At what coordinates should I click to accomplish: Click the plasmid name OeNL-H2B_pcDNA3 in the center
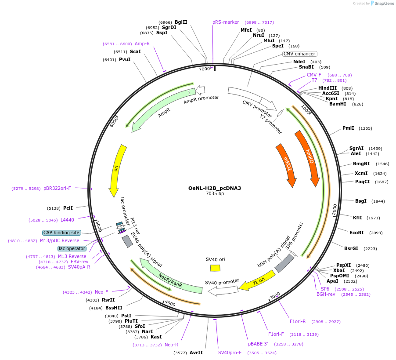215,188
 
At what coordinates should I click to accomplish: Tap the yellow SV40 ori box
215,268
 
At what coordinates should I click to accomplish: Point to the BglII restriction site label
181,22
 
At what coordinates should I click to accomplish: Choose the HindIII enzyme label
328,88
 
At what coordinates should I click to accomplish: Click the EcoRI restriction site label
356,233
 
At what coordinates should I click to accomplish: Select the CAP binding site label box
61,233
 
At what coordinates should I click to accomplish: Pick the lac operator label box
72,248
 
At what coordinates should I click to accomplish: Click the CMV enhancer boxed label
299,54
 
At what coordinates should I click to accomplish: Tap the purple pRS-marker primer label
226,22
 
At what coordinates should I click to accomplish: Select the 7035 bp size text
215,194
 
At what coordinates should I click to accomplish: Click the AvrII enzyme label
196,353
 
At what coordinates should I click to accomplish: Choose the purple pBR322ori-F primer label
57,188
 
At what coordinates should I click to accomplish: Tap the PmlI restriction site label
348,128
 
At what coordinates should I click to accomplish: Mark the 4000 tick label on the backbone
170,304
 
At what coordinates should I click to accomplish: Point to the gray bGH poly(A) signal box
284,262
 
